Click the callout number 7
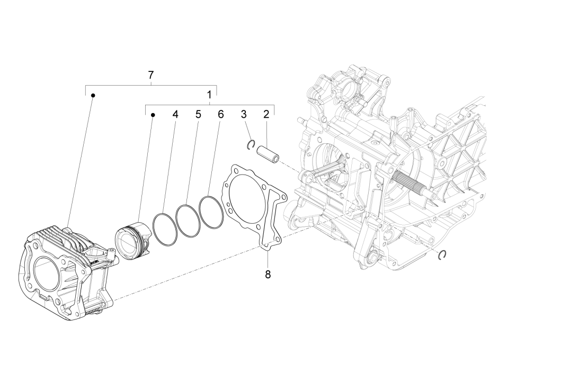pos(151,75)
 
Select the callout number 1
pos(209,95)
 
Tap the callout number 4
pos(175,114)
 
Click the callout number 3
pos(244,114)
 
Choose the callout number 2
pos(266,114)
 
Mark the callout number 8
pos(268,275)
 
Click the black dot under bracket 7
pos(93,95)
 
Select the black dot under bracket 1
pos(153,114)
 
